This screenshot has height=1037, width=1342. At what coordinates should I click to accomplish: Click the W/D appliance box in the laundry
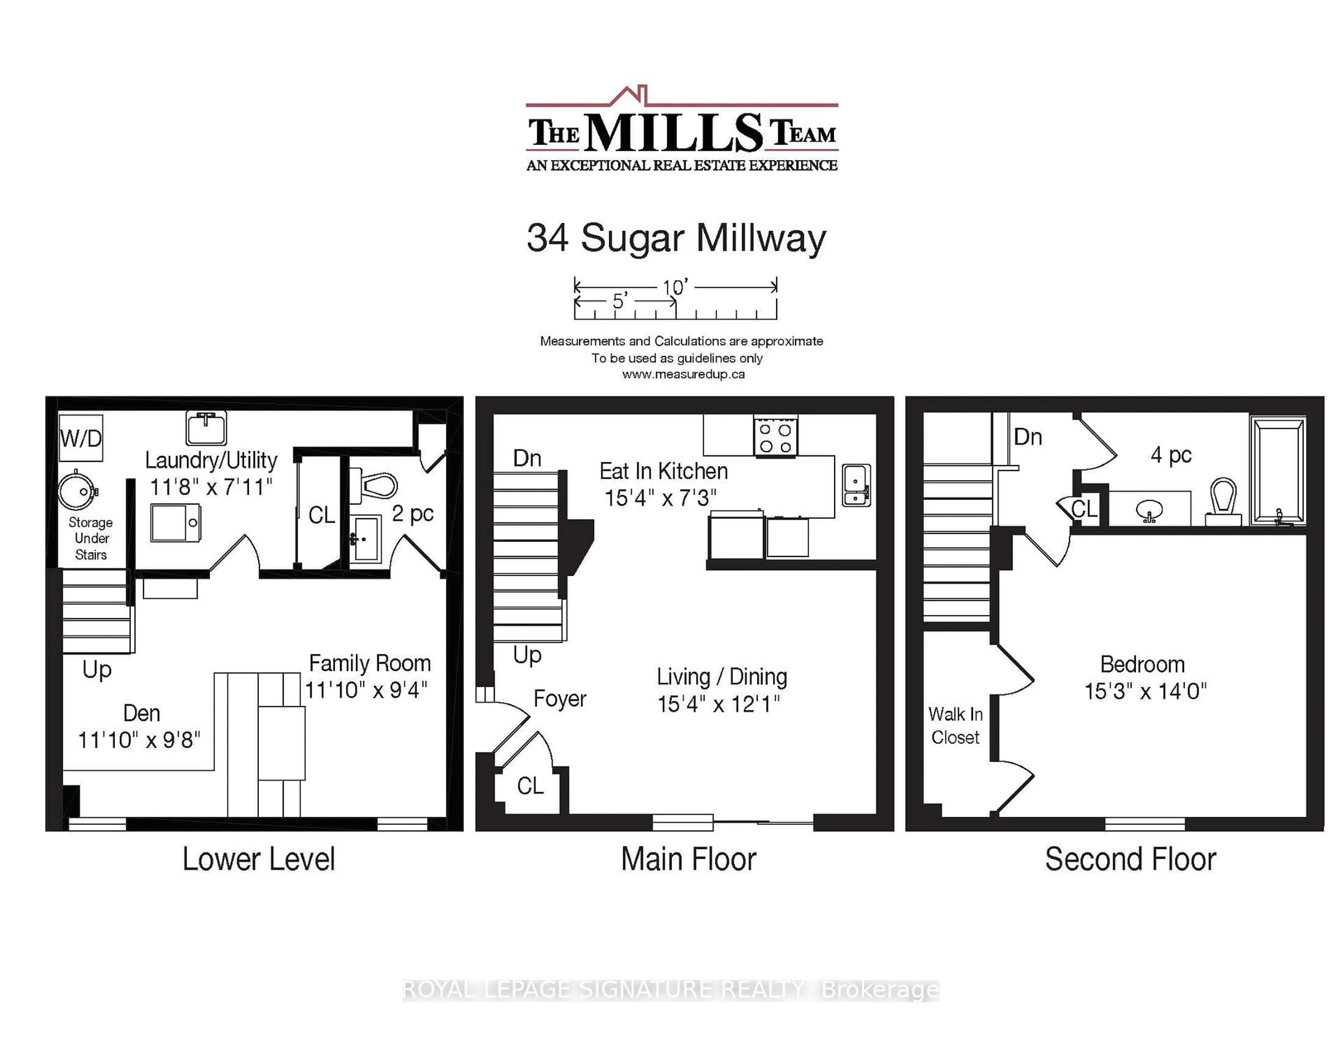point(80,438)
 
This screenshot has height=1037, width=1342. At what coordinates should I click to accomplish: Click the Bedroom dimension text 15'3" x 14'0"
point(1145,691)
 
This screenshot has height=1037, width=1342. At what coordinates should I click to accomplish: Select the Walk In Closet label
point(955,726)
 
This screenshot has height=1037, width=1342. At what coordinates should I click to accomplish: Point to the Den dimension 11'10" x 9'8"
point(139,740)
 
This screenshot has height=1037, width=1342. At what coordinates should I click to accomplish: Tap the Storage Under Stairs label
point(91,538)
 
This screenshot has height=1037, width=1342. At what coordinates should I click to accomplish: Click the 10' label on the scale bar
point(675,287)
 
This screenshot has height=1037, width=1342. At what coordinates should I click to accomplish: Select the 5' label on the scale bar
point(619,301)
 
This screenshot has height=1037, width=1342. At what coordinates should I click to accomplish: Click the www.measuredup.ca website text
point(683,374)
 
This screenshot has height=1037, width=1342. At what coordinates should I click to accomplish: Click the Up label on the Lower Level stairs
point(97,669)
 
